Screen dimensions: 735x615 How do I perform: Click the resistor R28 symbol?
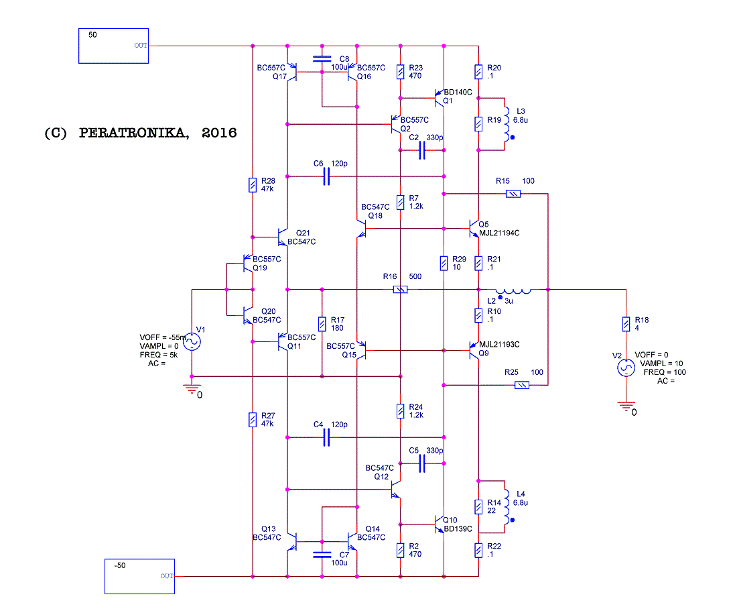point(252,185)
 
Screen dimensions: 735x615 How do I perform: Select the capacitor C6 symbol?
point(327,176)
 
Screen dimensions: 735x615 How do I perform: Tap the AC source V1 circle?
point(192,341)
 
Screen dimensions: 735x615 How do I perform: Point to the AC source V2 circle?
point(626,368)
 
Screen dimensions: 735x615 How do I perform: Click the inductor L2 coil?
point(513,291)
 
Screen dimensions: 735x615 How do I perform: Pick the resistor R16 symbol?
point(400,290)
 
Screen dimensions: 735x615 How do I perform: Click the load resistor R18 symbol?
point(626,324)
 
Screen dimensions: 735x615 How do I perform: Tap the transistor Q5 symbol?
point(474,229)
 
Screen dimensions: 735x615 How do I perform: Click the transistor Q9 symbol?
point(474,351)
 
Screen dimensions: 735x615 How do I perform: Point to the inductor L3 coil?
point(507,124)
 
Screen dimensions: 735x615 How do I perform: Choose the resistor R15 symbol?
point(513,194)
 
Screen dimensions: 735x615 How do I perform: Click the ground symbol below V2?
point(626,405)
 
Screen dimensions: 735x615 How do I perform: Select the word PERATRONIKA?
point(134,133)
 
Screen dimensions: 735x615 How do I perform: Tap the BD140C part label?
point(458,92)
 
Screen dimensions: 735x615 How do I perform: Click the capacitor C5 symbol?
point(422,463)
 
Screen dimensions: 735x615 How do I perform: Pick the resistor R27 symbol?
point(252,420)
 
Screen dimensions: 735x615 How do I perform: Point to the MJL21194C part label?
point(499,233)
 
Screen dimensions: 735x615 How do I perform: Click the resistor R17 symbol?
point(322,324)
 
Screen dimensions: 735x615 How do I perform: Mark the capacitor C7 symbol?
point(322,555)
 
